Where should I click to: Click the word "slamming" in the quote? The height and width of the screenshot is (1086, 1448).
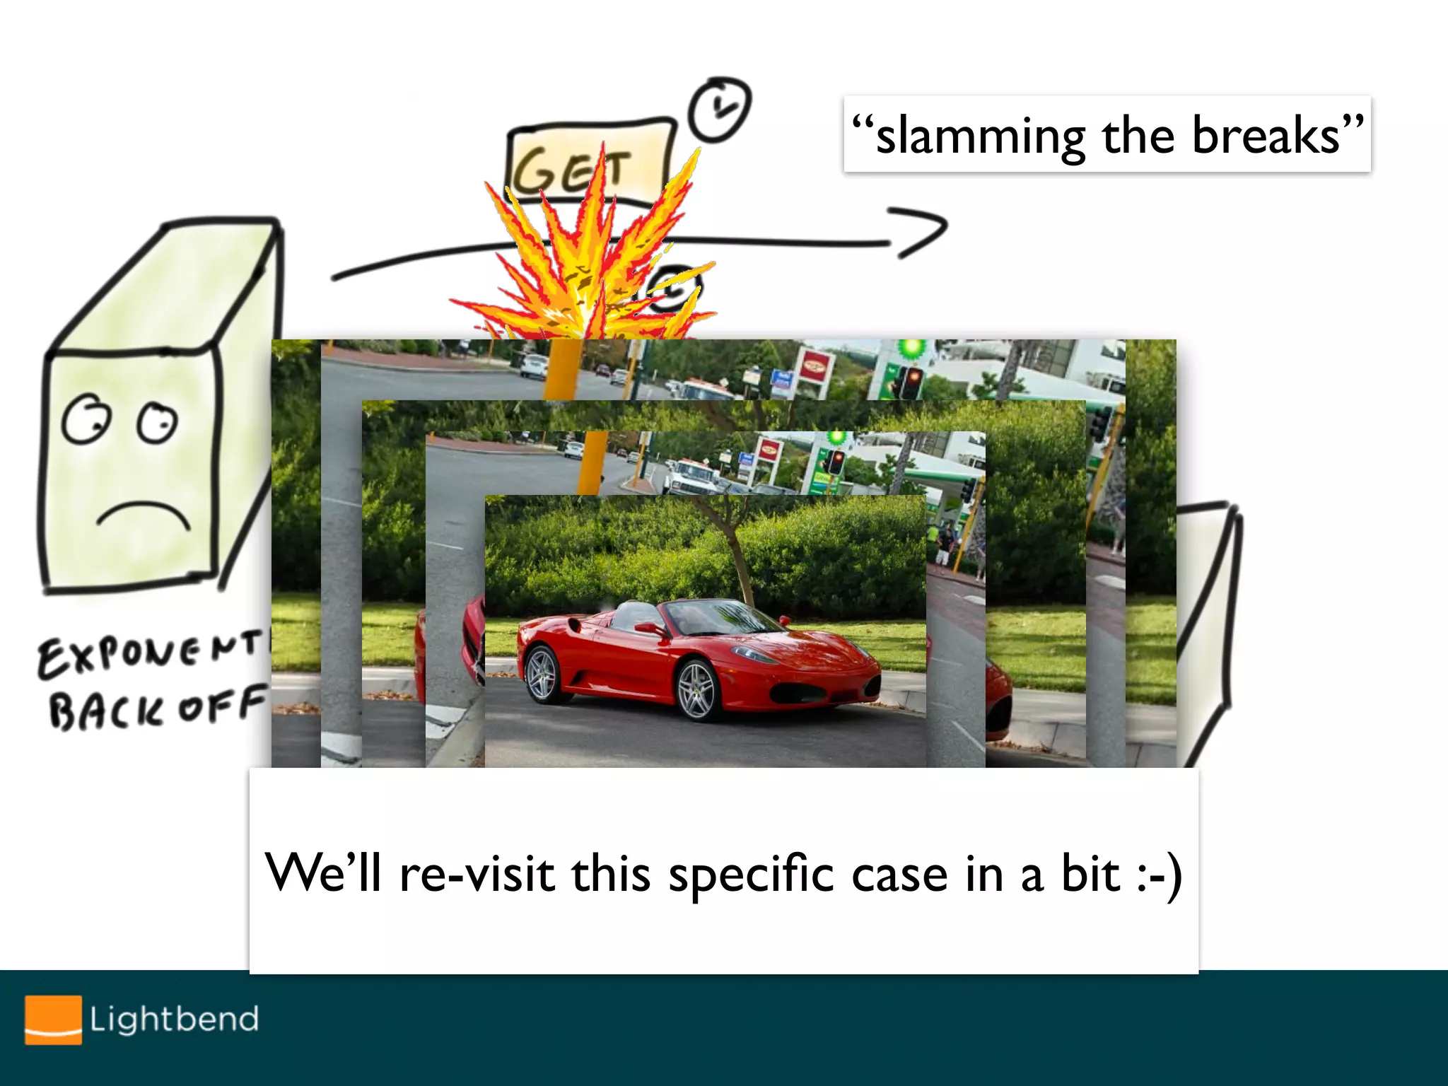[980, 136]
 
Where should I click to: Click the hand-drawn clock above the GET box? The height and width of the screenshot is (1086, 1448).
[720, 110]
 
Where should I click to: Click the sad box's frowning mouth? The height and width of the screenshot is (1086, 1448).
[144, 515]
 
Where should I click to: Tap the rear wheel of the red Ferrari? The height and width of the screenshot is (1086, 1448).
[543, 673]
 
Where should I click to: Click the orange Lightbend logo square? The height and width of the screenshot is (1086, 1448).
[53, 1020]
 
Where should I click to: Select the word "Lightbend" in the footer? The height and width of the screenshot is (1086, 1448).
[174, 1020]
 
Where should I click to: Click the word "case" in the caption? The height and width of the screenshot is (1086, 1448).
[899, 875]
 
